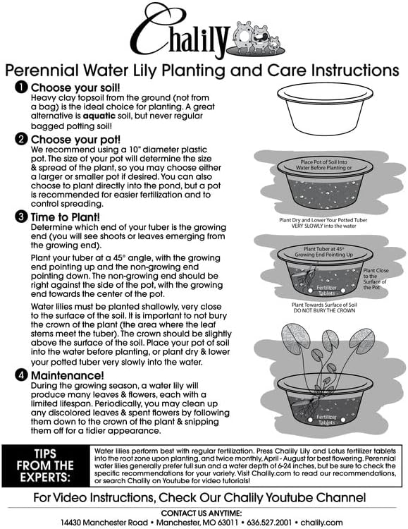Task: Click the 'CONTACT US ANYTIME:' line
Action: tap(204, 512)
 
